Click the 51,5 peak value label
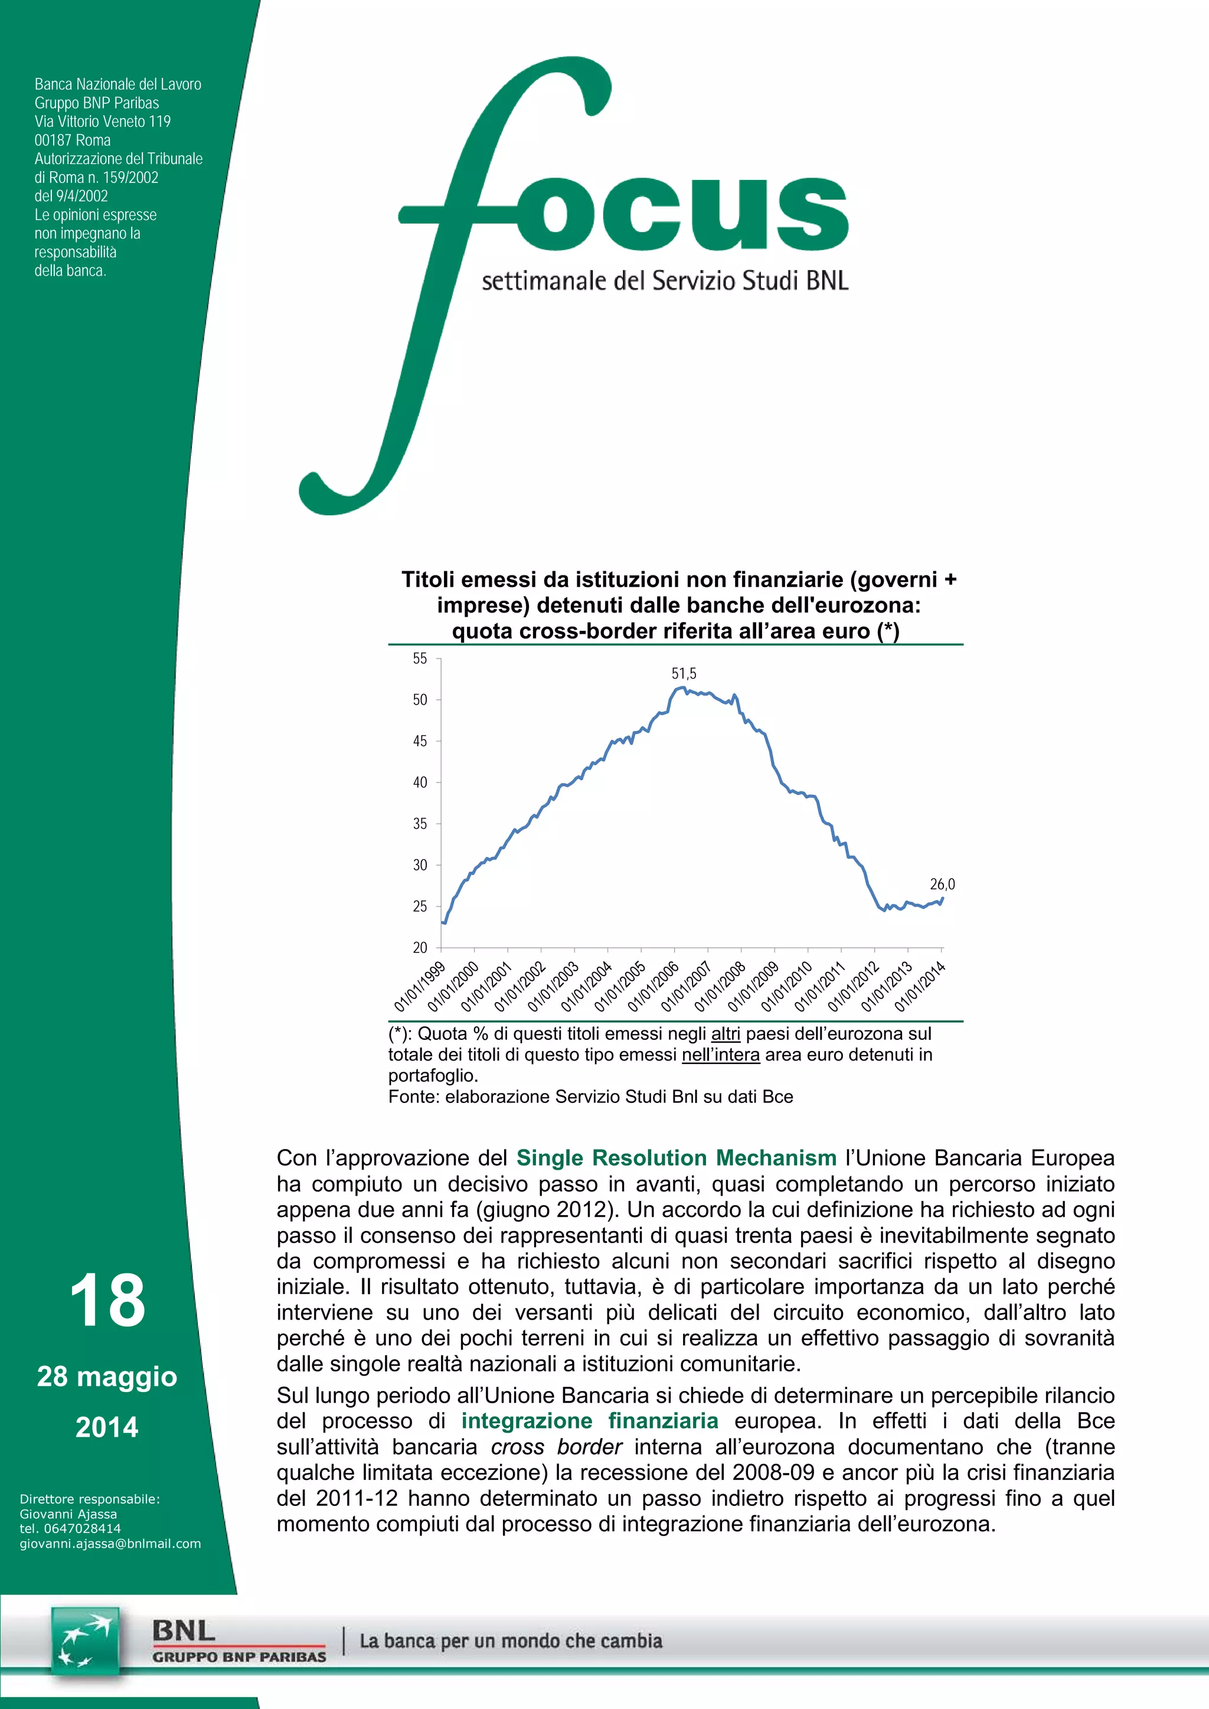pos(684,673)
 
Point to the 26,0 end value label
pos(942,884)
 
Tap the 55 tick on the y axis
pos(420,659)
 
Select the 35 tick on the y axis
pos(420,824)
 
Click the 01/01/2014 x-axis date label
pos(920,986)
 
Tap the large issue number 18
pos(107,1301)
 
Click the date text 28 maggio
pos(107,1376)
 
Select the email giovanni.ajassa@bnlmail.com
pos(110,1544)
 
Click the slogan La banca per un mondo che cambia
pos(511,1641)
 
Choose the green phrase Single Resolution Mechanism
pos(676,1158)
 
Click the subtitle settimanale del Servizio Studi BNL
pos(665,281)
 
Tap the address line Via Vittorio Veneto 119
pos(103,122)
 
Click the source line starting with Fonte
pos(590,1096)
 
